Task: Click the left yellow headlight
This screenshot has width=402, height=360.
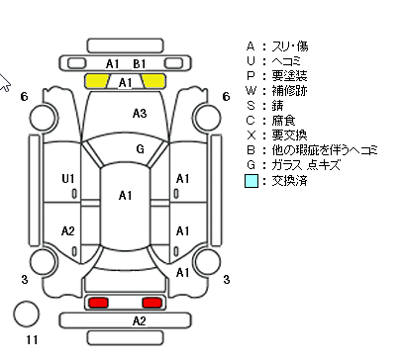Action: point(97,81)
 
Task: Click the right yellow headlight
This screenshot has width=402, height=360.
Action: point(153,81)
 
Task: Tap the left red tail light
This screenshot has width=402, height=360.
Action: point(99,303)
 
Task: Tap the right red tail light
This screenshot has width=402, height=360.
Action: point(151,303)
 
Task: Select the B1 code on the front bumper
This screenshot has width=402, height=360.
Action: point(140,64)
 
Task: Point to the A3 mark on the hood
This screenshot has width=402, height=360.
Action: point(140,114)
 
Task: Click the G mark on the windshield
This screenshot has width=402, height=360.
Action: point(141,149)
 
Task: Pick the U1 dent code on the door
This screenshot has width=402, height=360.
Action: point(68,179)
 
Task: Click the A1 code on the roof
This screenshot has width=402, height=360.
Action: point(125,196)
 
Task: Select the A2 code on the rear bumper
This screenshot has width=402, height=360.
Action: point(139,320)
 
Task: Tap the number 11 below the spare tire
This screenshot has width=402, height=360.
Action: point(32,340)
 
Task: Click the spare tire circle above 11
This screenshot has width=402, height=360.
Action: point(27,314)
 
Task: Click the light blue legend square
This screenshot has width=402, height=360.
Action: point(251,181)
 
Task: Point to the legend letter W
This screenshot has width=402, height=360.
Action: point(251,90)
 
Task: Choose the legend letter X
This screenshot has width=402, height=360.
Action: point(251,135)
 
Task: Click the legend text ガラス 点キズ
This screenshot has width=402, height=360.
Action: point(306,165)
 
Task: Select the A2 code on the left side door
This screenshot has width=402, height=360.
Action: point(68,231)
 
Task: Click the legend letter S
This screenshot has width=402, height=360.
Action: point(251,106)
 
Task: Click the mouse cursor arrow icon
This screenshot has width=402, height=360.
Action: point(4,82)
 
